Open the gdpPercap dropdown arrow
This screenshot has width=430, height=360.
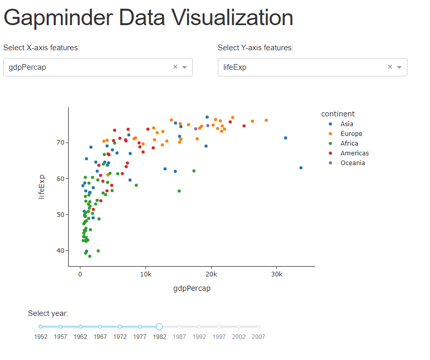click(185, 67)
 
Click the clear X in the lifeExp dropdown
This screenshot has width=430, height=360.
click(390, 67)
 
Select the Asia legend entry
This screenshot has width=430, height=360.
click(346, 124)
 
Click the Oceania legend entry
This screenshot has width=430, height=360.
click(352, 163)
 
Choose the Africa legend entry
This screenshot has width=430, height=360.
click(349, 144)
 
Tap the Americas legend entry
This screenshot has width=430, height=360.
click(354, 153)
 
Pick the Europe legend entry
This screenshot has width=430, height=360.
click(351, 134)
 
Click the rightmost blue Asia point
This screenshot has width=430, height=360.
click(301, 168)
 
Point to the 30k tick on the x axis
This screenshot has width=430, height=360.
click(276, 275)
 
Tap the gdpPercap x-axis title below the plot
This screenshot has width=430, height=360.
click(192, 288)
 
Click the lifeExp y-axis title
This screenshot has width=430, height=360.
click(42, 187)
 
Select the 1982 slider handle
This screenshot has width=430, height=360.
click(159, 327)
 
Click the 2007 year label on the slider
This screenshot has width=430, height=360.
click(258, 337)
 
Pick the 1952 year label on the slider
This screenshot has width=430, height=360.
click(41, 337)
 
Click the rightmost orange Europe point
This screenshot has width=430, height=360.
click(266, 121)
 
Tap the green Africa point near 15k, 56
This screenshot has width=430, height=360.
click(179, 191)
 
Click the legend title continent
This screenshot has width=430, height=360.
click(338, 114)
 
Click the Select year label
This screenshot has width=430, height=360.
click(48, 313)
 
